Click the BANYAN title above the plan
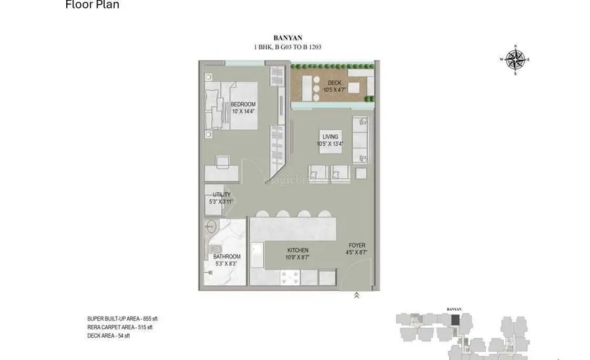click(287, 38)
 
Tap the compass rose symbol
click(516, 60)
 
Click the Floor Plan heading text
click(92, 5)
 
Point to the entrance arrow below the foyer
click(356, 296)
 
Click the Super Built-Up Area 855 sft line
click(123, 319)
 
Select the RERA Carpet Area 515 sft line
click(120, 327)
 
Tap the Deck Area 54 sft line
click(109, 336)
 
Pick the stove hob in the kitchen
click(290, 277)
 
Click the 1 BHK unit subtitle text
click(287, 47)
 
